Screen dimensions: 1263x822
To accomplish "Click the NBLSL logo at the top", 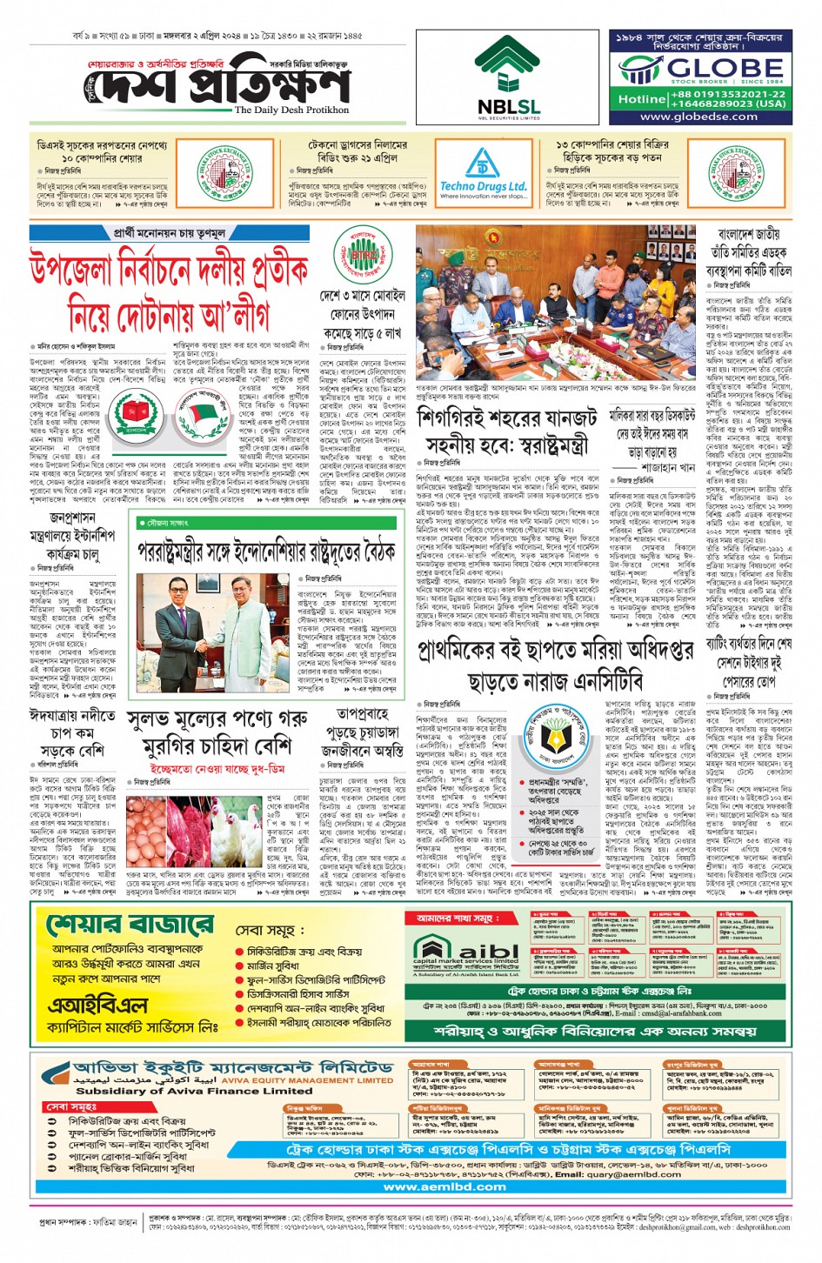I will click(x=508, y=79).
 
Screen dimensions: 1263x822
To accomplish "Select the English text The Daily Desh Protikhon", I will click(x=291, y=110).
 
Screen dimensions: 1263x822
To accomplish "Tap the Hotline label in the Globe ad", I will click(x=641, y=99).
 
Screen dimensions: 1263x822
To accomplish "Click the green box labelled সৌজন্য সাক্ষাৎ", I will click(x=168, y=523).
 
